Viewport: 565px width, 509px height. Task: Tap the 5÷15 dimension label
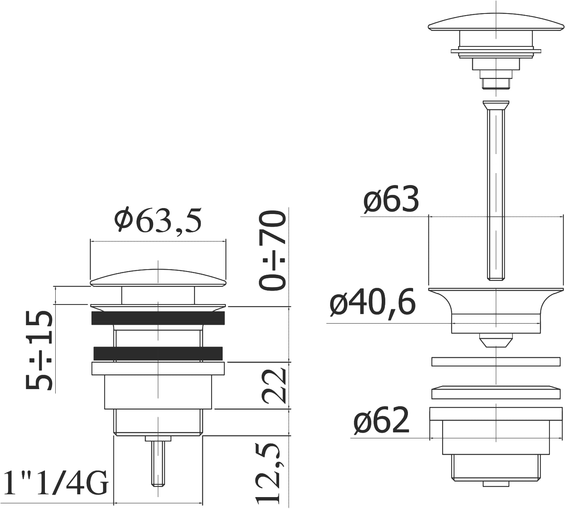(x=39, y=351)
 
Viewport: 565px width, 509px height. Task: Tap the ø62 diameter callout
(x=381, y=421)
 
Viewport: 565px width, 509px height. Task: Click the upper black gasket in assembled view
(x=158, y=318)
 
